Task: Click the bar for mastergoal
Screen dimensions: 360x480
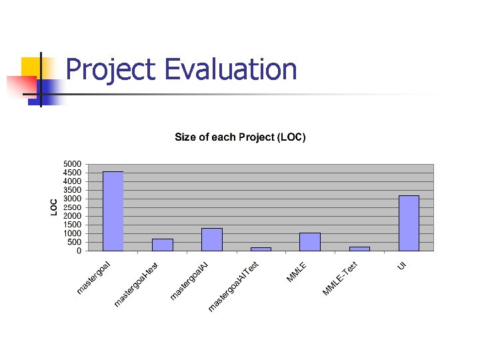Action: pyautogui.click(x=113, y=211)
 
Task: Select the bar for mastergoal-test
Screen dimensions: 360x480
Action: pyautogui.click(x=162, y=245)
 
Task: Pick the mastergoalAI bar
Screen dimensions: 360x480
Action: pyautogui.click(x=211, y=239)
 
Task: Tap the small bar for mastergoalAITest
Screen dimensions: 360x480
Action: pyautogui.click(x=261, y=249)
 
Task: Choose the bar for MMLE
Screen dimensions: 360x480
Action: pyautogui.click(x=310, y=242)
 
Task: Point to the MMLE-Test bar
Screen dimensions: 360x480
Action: pyautogui.click(x=359, y=249)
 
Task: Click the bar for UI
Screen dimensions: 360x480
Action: pyautogui.click(x=409, y=223)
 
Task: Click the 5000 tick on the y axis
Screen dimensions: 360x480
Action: pyautogui.click(x=73, y=164)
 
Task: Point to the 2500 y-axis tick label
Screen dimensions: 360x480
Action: pyautogui.click(x=73, y=207)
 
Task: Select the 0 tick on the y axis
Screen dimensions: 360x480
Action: pyautogui.click(x=79, y=251)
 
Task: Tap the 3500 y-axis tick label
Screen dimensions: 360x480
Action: pyautogui.click(x=73, y=190)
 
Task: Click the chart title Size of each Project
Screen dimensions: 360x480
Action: pyautogui.click(x=240, y=137)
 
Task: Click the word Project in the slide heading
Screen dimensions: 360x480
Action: pyautogui.click(x=110, y=69)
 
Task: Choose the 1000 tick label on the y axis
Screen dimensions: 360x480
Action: pyautogui.click(x=73, y=233)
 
